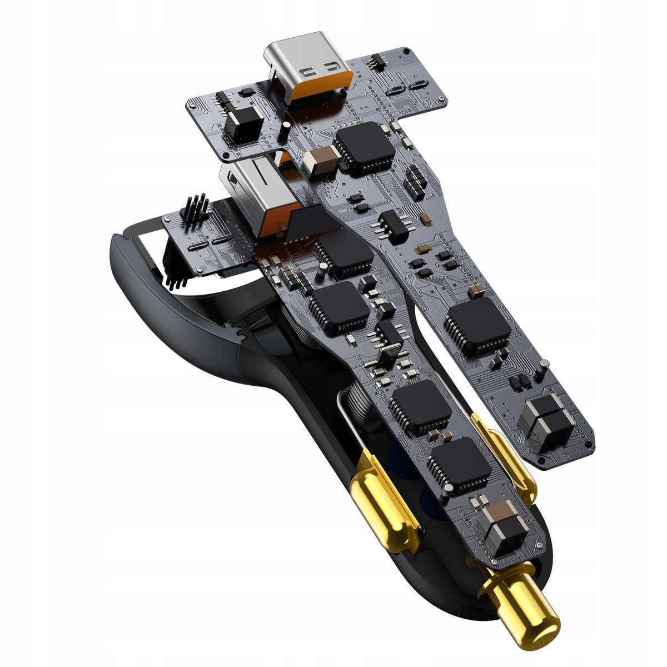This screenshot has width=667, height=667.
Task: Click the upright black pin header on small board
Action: coord(194,211)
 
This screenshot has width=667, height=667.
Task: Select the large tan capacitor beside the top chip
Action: coord(321,158)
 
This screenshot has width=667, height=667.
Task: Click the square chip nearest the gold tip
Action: coord(460,466)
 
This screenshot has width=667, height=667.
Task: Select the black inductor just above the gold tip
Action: coord(503,528)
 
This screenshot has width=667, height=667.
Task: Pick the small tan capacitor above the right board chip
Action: coord(476,291)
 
